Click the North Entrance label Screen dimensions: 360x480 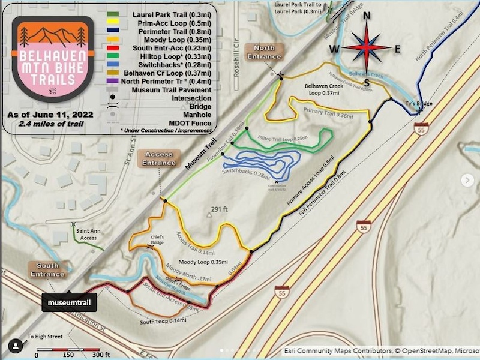pos(264,52)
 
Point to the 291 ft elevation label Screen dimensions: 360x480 pos(220,209)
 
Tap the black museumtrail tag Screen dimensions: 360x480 pos(69,302)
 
